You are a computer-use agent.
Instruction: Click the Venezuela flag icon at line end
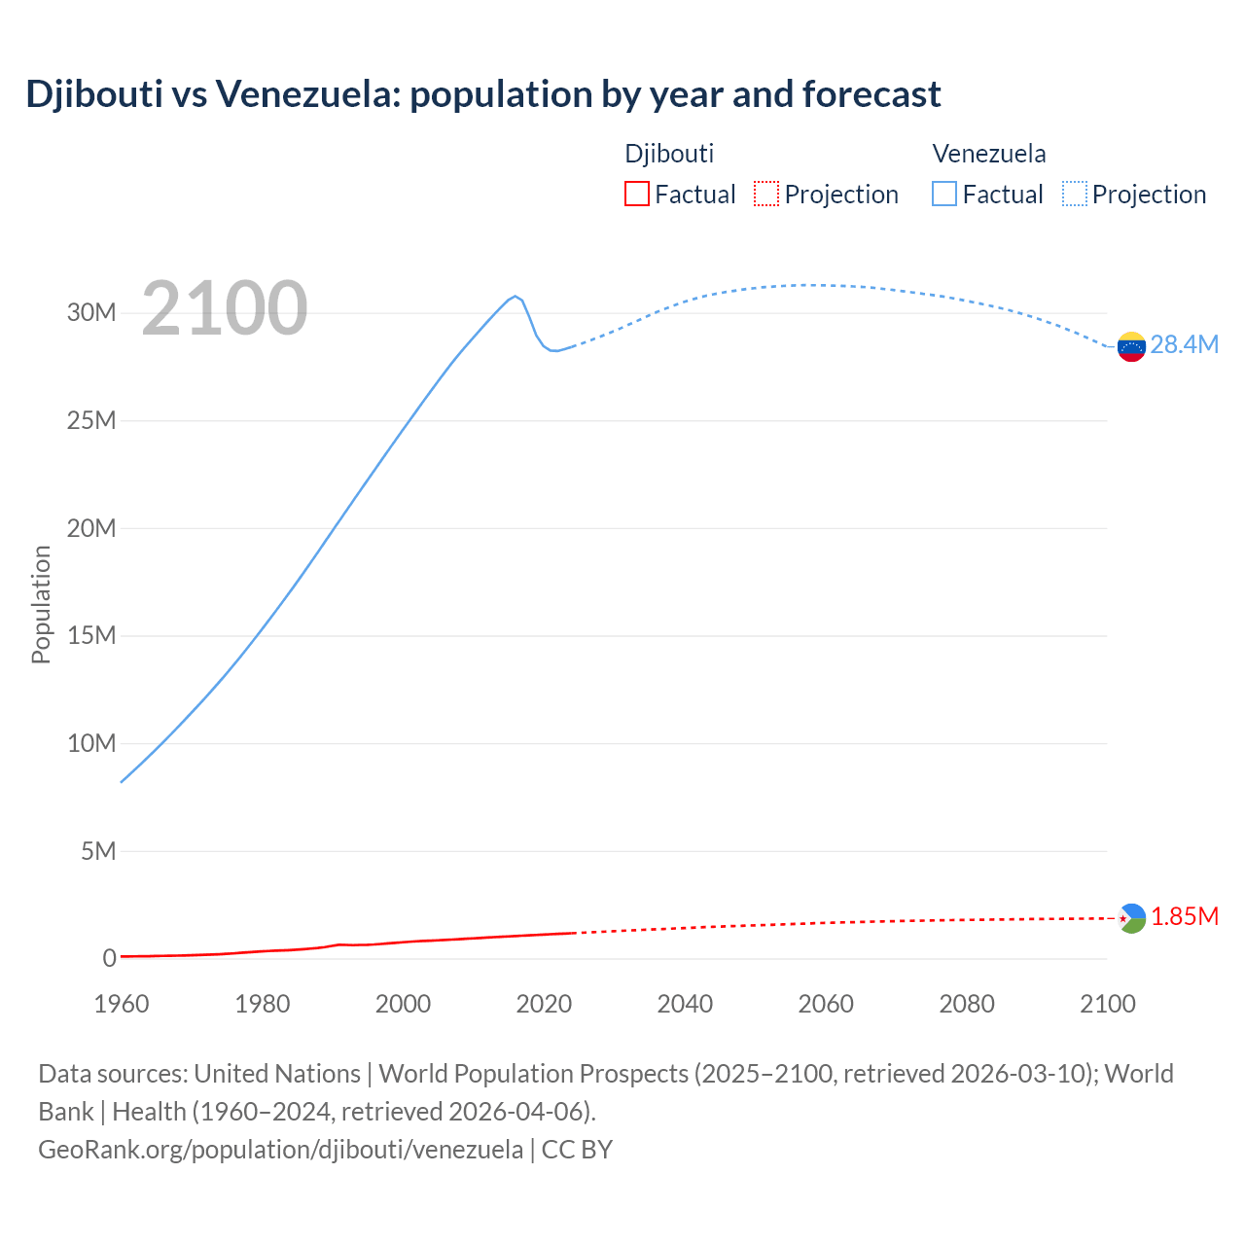pos(1131,346)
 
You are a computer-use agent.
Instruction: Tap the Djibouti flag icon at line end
pos(1131,918)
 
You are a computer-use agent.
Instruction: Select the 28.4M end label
pos(1184,345)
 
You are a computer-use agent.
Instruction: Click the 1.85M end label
pos(1185,917)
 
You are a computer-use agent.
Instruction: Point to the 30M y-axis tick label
pos(91,313)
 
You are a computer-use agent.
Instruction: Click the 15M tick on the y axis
pos(91,636)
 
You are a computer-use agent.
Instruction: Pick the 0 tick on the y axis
pos(109,959)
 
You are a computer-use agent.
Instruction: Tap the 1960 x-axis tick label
pos(122,1004)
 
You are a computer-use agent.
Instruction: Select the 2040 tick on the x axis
pos(685,1004)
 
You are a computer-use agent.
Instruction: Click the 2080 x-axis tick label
pos(967,1004)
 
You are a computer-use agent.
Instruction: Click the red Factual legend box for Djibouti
pos(636,195)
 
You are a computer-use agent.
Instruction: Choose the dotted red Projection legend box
pos(766,195)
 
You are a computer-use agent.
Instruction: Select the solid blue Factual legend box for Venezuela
pos(944,195)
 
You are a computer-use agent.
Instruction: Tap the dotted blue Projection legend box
pos(1075,195)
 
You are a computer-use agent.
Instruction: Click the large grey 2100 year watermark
pos(225,309)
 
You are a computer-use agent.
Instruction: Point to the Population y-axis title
pos(41,604)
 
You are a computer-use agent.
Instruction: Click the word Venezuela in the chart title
pos(306,94)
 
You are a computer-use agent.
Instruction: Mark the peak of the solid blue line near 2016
pos(516,296)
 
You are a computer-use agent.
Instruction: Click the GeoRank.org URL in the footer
pos(280,1150)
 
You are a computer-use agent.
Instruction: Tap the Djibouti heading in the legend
pos(669,154)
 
